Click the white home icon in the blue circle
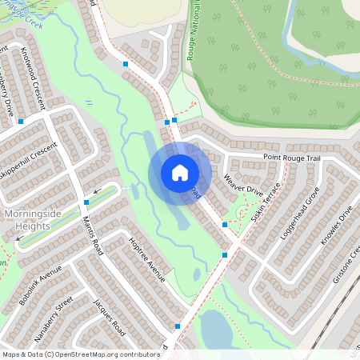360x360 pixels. [180, 173]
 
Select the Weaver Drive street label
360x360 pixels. [243, 184]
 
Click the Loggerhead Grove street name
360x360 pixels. [300, 214]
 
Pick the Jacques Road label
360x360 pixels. [108, 317]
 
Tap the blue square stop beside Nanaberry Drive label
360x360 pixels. [21, 122]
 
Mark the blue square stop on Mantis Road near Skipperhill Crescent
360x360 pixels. [86, 202]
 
